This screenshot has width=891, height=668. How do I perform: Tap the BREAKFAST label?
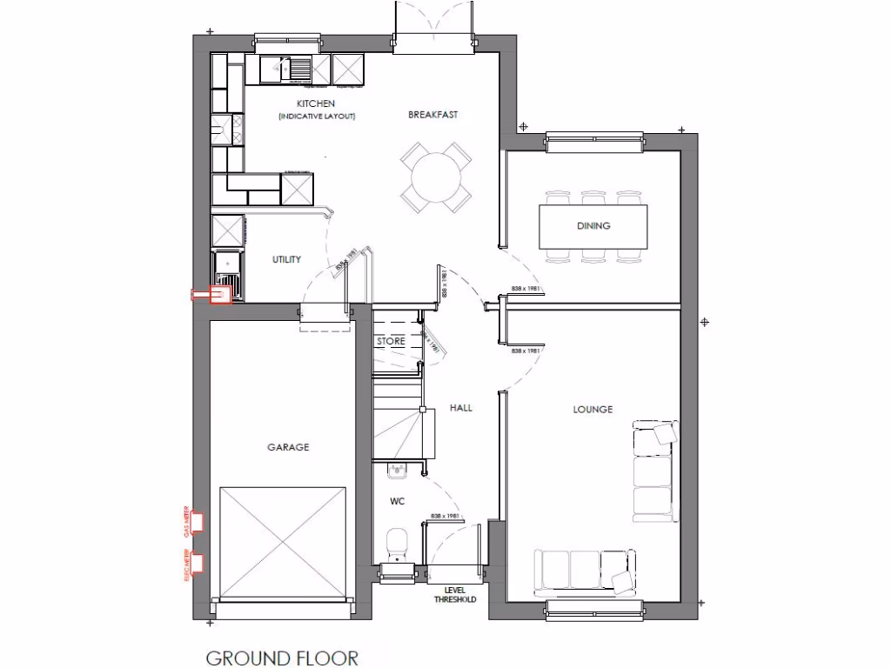tap(432, 114)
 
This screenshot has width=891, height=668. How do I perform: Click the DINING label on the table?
tap(593, 226)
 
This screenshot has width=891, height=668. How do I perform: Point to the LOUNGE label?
tap(593, 409)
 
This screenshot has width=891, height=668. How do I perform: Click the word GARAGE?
tap(288, 447)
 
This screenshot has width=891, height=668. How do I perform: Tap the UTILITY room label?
tap(286, 259)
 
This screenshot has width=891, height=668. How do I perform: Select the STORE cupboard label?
tap(391, 342)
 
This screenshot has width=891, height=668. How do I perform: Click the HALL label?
tap(461, 407)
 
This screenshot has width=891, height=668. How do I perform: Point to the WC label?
tap(397, 502)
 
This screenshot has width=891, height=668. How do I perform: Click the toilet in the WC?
tap(397, 543)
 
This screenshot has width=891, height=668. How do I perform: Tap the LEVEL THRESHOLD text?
tap(455, 594)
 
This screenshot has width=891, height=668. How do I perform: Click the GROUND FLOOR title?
tap(282, 657)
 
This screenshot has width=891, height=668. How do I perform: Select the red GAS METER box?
tap(198, 522)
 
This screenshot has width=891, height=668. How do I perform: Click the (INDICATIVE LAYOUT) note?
tap(317, 117)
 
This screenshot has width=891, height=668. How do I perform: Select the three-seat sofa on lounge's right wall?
tap(654, 471)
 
